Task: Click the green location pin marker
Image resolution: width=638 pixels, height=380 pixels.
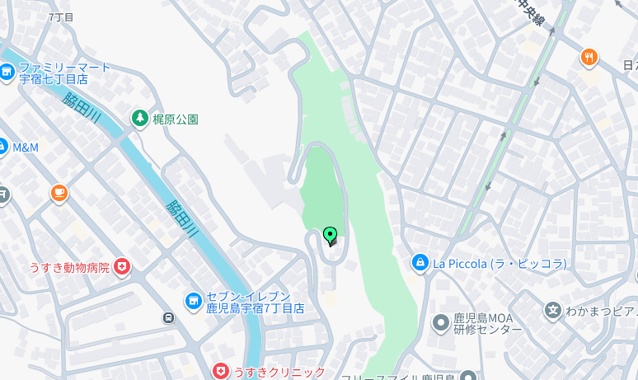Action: click(331, 236)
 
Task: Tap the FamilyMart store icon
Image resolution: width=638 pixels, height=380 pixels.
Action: click(7, 73)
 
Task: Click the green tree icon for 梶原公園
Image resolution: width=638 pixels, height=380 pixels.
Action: click(140, 119)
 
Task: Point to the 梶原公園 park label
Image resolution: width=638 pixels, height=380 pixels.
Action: click(176, 119)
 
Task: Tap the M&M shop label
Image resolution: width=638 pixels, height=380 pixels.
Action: click(26, 148)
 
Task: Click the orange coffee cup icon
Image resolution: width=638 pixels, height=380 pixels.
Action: click(59, 193)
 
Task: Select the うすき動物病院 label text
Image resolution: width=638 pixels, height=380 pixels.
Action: click(69, 267)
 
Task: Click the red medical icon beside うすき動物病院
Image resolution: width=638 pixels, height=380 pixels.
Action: click(122, 266)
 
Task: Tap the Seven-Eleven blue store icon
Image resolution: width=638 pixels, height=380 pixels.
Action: click(194, 302)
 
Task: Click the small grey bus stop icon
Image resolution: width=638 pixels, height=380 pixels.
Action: click(169, 317)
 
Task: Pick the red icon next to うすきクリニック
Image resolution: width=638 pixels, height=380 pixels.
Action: click(220, 372)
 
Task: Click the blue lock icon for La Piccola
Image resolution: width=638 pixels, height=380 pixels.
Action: click(420, 263)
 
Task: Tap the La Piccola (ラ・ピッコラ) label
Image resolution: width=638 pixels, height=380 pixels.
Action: click(500, 264)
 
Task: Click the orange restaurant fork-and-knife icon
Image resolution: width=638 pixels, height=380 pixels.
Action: click(589, 57)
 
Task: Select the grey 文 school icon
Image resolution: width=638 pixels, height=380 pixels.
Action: click(553, 311)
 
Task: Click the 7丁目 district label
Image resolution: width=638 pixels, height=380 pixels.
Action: click(61, 16)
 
